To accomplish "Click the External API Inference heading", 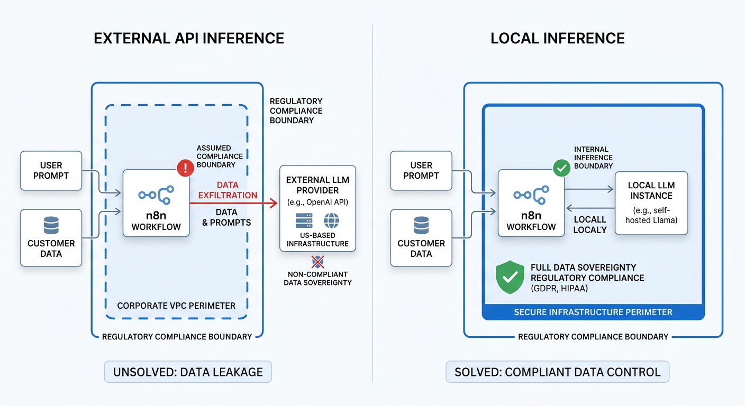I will tap(189, 38).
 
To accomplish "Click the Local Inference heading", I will tap(558, 38).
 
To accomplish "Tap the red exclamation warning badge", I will tap(185, 169).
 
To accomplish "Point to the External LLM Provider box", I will tap(317, 208).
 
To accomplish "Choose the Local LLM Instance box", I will tap(651, 202).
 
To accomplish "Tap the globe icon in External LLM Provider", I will tap(331, 220).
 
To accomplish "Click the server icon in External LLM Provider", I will tap(304, 220).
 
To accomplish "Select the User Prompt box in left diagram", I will tap(51, 170).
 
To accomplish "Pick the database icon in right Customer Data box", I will tap(421, 226).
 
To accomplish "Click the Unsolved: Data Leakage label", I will tap(188, 372).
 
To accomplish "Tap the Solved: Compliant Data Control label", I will tap(558, 372).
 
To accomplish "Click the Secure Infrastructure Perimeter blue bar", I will tap(593, 312).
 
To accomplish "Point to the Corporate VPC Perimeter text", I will tap(176, 306).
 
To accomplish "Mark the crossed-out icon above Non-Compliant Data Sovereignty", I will tap(317, 261).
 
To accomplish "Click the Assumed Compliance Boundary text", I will tap(220, 156).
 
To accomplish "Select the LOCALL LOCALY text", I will tap(590, 225).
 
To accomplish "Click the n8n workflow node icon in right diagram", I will tap(531, 195).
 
